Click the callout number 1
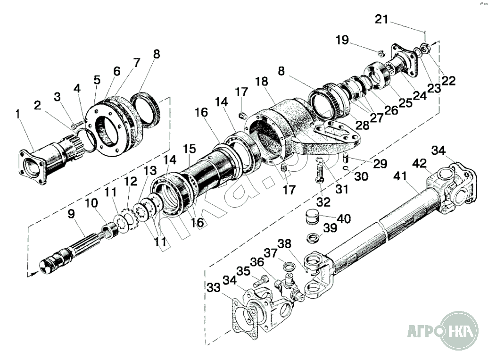18,114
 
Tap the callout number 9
71,214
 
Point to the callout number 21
382,19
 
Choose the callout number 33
213,287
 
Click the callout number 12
131,181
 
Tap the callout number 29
380,164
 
